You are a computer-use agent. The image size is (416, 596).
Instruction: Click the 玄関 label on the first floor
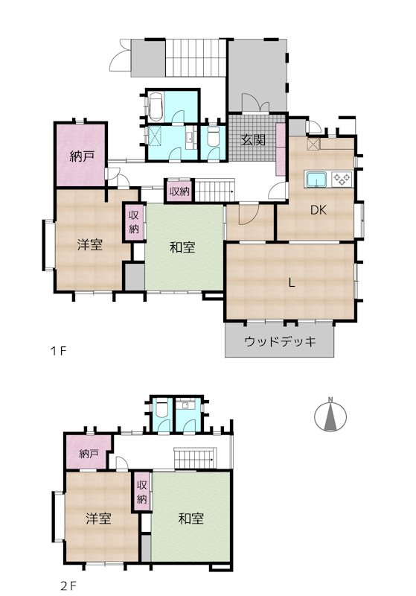[x=252, y=139]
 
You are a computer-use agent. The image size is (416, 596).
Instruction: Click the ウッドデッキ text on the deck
[x=280, y=342]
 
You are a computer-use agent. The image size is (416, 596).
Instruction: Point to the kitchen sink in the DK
[x=316, y=180]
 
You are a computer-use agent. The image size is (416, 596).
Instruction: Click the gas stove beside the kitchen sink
[x=342, y=179]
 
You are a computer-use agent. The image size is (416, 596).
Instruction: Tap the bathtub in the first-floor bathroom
[x=156, y=108]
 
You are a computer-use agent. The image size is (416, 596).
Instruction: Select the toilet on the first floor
[x=214, y=138]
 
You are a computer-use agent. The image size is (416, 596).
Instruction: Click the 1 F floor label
[x=59, y=350]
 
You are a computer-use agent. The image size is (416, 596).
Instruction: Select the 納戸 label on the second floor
[x=89, y=453]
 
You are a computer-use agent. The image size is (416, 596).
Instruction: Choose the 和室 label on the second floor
[x=191, y=518]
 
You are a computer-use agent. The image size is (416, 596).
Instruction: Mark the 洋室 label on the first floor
[x=89, y=245]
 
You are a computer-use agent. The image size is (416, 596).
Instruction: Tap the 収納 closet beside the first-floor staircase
[x=179, y=191]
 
